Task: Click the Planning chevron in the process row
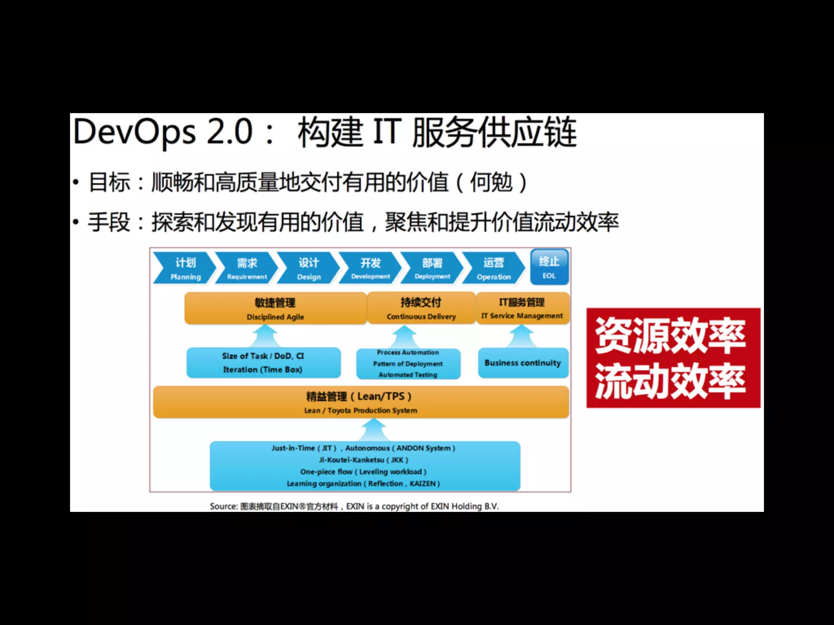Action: point(184,268)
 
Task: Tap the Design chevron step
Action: point(308,268)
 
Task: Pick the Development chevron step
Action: point(370,268)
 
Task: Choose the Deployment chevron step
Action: point(432,268)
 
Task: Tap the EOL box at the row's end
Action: point(549,267)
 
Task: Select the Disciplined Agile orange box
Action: point(275,308)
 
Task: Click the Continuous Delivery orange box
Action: point(421,308)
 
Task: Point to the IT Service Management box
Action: point(522,308)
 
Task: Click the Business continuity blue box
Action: point(523,363)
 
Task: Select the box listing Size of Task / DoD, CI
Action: point(263,363)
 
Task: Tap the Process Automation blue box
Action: point(408,363)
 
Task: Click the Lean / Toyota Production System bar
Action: point(361,402)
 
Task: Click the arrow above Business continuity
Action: point(522,336)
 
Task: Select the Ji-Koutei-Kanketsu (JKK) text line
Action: point(363,460)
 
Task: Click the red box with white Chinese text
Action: point(673,358)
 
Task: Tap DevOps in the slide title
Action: point(134,132)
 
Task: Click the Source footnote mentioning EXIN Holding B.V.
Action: point(354,506)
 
